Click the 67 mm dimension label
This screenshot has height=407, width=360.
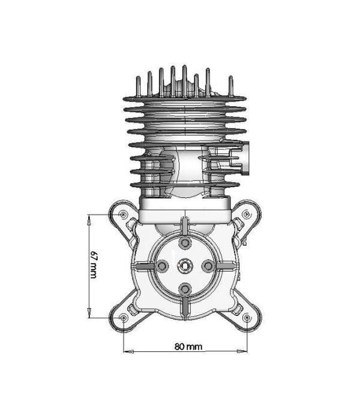coord(93,264)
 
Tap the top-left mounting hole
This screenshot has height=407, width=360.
coord(123,214)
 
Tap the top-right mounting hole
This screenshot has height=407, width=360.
coord(247,214)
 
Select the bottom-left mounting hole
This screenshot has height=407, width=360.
coord(123,317)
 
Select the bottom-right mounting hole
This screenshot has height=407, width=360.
coord(247,317)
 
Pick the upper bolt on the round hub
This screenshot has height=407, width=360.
coord(185,242)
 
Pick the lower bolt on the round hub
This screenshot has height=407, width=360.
coord(185,287)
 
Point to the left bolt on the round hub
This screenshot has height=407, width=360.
coord(162,264)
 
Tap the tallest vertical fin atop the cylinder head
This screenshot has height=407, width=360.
coord(173,78)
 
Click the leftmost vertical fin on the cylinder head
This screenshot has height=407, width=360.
coord(137,85)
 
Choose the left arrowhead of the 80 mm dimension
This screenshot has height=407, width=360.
coord(127,351)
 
